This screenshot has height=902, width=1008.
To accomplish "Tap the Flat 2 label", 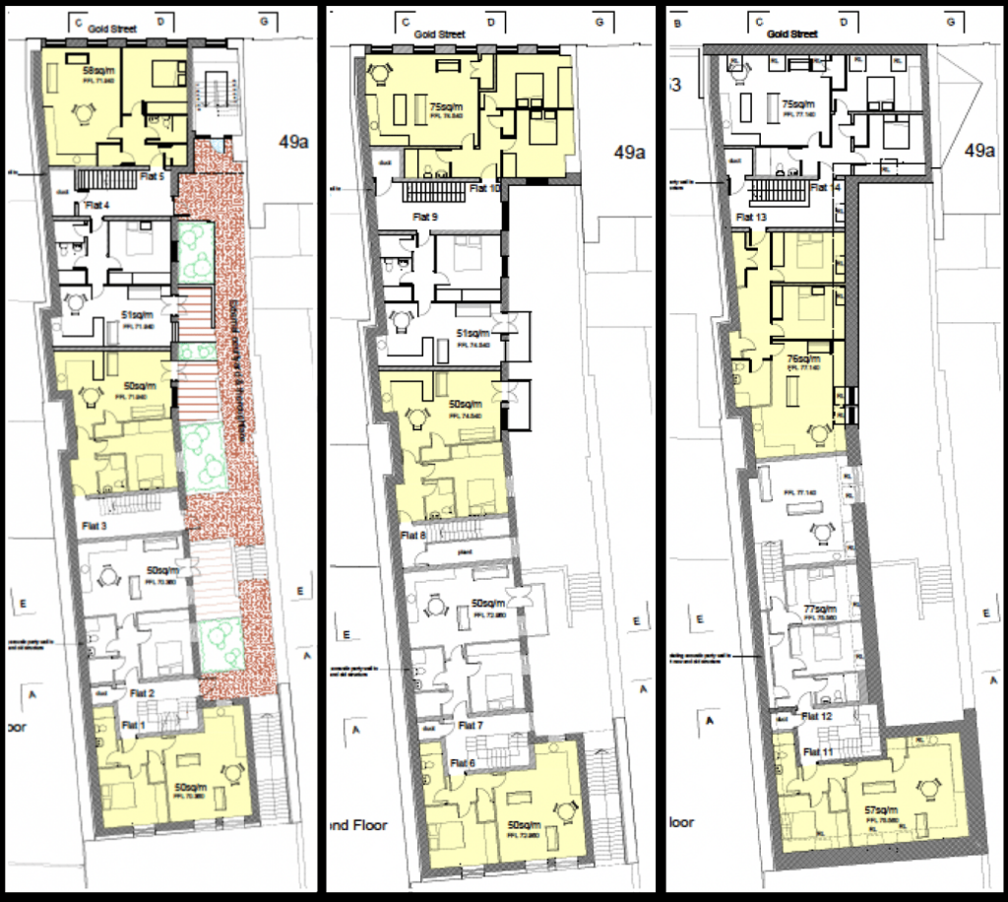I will point(143,694).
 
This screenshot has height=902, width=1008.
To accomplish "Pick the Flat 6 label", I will point(466,761).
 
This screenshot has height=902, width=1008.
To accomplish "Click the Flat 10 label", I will point(486,188).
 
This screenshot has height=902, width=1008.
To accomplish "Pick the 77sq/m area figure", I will point(819,610).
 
